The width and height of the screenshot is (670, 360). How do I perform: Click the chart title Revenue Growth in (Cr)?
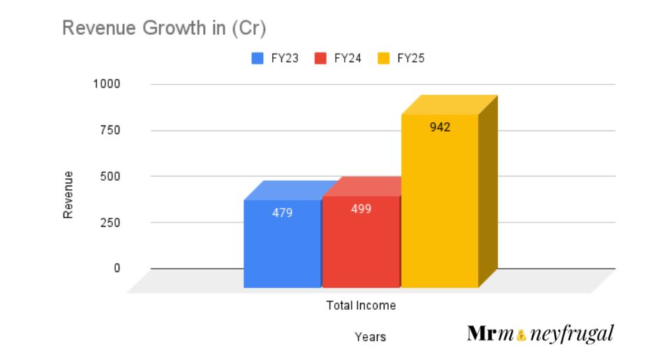tap(165, 29)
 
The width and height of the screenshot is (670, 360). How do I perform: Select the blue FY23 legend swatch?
tap(258, 59)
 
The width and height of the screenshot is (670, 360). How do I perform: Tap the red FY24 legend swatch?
tap(321, 59)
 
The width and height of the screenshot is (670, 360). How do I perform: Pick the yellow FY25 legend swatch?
tap(384, 59)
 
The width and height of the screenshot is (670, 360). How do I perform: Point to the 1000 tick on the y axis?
tap(107, 84)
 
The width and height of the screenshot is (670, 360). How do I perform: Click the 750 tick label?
tap(110, 130)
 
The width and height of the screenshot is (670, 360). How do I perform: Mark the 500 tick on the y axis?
tap(110, 176)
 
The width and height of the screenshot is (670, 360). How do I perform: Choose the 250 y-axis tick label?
tap(110, 223)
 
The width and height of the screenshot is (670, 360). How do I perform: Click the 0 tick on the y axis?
tap(117, 268)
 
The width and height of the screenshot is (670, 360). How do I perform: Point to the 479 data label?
tap(282, 213)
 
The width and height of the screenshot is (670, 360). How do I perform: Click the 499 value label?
tap(361, 209)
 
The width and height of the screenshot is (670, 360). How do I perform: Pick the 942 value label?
tap(440, 128)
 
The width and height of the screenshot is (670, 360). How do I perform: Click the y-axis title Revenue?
tap(68, 195)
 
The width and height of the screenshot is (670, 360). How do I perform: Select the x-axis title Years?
tap(370, 337)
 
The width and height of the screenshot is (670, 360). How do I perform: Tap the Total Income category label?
tap(361, 306)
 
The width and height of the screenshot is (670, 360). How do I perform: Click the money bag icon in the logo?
tap(520, 336)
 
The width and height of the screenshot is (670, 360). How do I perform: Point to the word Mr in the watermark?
tap(482, 333)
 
